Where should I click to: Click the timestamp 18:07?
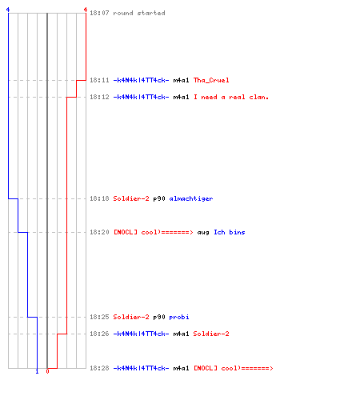tap(99, 13)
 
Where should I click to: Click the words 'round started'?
tap(139, 13)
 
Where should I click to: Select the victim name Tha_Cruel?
tap(211, 80)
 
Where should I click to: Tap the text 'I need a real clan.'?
tap(231, 97)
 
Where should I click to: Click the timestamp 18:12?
tap(99, 97)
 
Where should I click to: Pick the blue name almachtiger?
tap(191, 198)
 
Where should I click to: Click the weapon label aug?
tap(203, 233)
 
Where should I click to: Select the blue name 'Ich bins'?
tap(230, 232)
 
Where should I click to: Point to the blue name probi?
tap(179, 317)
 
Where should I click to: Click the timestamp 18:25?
tap(99, 317)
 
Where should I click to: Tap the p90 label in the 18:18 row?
tap(159, 198)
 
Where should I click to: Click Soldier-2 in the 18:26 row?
tap(211, 334)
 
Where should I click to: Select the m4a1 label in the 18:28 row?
tap(181, 368)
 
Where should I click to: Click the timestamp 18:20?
tap(99, 232)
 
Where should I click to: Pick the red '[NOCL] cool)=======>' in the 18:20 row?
tap(153, 232)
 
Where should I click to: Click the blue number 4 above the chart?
tap(8, 10)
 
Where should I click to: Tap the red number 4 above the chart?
tap(86, 10)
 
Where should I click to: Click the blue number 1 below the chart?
tap(37, 371)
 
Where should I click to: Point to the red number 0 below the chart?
tap(47, 371)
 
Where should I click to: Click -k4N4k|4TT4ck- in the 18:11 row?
tap(141, 80)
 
